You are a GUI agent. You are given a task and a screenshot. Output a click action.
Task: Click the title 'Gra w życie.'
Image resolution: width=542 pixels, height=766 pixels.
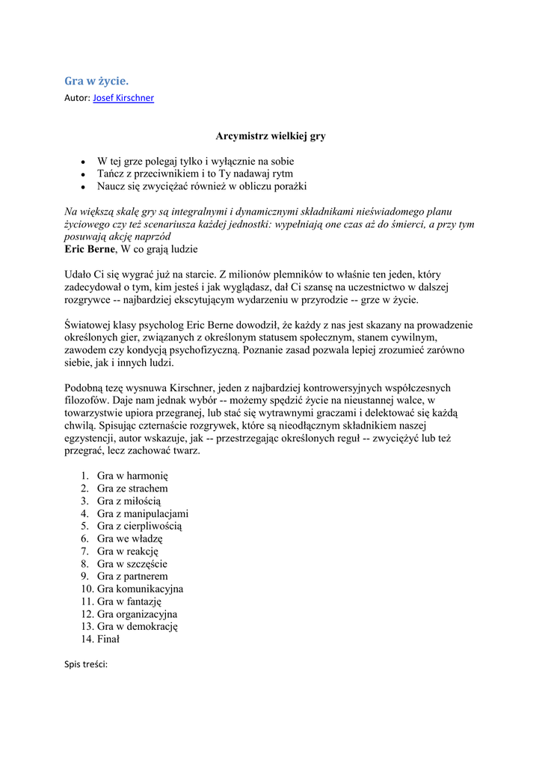[96, 81]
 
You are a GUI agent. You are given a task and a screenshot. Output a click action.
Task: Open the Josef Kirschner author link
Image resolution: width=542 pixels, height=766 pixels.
[123, 98]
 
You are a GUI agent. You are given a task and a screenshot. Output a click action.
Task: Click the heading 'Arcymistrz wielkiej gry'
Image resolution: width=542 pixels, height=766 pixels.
[271, 136]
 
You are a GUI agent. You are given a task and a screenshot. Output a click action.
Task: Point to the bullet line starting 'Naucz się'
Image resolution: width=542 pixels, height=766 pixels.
[202, 186]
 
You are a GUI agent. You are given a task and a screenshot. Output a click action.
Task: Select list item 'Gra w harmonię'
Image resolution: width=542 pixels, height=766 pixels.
[134, 475]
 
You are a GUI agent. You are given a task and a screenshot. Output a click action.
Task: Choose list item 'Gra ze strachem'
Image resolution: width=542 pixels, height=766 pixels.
[132, 488]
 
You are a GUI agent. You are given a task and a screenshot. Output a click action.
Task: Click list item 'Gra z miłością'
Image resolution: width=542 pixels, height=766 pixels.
[129, 500]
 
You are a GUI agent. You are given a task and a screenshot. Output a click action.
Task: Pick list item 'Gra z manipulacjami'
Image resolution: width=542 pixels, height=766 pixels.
[143, 513]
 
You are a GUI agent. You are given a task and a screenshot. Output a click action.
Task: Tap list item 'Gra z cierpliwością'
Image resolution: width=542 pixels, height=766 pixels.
[139, 526]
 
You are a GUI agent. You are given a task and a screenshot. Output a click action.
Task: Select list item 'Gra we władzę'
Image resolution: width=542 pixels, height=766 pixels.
[130, 539]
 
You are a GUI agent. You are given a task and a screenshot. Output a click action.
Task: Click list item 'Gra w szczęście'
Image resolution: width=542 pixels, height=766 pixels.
[132, 564]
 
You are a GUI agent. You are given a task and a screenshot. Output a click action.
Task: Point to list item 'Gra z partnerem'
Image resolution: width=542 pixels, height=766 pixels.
[132, 577]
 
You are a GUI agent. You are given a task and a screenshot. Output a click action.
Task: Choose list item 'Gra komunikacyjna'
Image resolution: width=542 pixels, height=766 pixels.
[140, 589]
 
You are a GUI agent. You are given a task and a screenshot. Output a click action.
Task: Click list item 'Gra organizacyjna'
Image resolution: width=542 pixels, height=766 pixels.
[137, 614]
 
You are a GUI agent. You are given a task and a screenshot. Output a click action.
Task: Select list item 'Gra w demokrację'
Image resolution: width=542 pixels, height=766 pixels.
[138, 627]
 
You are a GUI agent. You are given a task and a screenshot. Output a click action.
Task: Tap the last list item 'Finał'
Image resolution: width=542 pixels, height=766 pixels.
[108, 640]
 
